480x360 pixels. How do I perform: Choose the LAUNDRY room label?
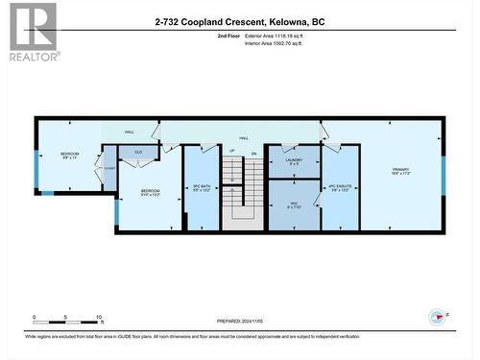[x=294, y=161]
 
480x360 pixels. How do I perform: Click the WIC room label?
[x=294, y=204]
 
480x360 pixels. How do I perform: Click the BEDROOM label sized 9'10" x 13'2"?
[x=149, y=193]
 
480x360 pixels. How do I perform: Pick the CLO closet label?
[x=138, y=152]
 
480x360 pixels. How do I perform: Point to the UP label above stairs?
[x=231, y=151]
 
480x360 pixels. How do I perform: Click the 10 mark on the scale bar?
[x=100, y=317]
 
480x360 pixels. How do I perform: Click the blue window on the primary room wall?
[x=443, y=176]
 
